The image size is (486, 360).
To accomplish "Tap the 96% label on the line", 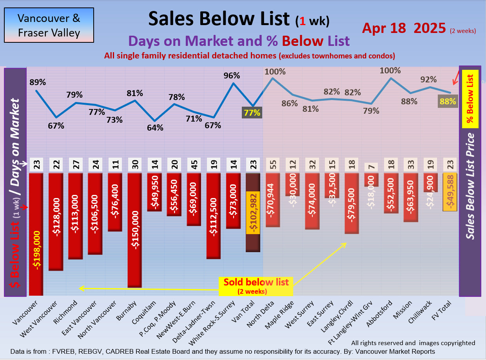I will (231, 75).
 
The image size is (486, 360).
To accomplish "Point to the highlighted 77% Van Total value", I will (252, 113).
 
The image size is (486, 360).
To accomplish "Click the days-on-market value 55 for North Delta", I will (272, 164).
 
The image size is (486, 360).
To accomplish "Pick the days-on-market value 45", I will (194, 164).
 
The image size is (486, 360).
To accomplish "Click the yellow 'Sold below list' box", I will (256, 285).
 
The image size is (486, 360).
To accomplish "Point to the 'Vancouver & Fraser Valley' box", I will (49, 25).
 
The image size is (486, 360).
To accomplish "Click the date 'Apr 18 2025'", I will (404, 28).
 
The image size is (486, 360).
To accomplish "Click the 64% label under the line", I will (155, 128).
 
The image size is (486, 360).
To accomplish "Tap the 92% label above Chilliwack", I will (428, 79).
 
